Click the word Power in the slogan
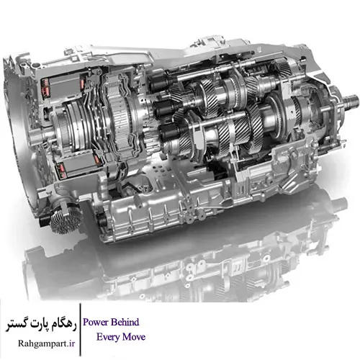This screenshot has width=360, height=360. (x=96, y=322)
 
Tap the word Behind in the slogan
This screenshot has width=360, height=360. (x=125, y=322)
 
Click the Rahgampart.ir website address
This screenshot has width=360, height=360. (x=46, y=343)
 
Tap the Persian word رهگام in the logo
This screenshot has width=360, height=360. (x=64, y=325)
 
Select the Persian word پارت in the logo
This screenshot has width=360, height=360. (x=40, y=325)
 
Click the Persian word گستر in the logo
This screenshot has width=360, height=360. (x=17, y=326)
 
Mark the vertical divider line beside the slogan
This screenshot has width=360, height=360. (x=80, y=330)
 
